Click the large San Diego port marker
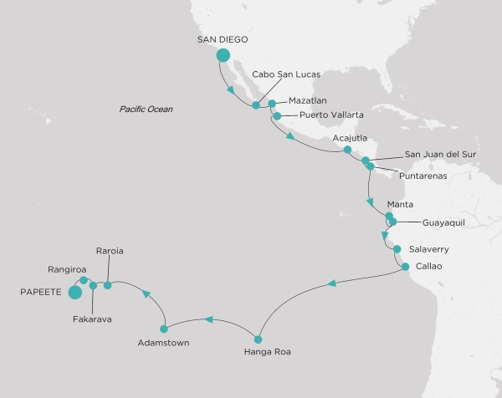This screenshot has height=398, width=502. tap(223, 56)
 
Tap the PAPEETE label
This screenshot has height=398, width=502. tap(35, 293)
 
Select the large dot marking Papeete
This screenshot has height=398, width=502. tap(74, 293)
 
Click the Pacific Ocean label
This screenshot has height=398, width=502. tap(146, 109)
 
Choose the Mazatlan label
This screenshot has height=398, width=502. tap(310, 99)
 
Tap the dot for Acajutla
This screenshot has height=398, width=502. tap(347, 150)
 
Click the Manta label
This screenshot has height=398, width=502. tap(400, 204)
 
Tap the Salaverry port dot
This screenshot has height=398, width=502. tap(397, 249)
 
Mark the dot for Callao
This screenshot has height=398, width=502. tap(405, 268)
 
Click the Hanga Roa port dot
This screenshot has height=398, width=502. tap(258, 339)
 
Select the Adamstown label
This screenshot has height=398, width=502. tap(164, 343)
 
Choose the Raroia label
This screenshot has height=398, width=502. tap(110, 250)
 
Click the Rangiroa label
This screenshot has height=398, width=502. tap(68, 269)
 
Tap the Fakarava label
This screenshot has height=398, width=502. tap(91, 319)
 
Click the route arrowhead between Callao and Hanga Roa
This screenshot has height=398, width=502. tap(332, 284)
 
